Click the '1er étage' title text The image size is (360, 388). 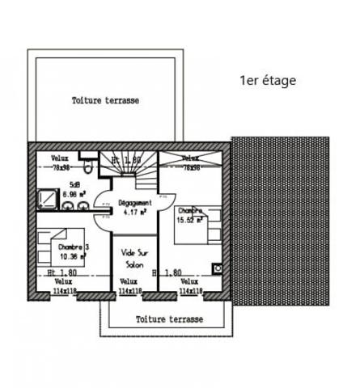coord(268,80)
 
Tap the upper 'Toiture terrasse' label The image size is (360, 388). coord(106,101)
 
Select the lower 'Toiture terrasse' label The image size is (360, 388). coord(170,319)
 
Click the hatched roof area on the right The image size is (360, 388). coord(280,218)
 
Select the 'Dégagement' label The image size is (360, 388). coord(134,203)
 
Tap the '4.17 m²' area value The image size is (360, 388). coord(134,213)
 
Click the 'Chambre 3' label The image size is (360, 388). coord(74,247)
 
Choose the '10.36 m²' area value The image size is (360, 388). coord(72,256)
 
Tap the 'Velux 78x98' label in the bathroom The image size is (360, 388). coord(60,162)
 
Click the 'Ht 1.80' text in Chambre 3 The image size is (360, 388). coord(61,272)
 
